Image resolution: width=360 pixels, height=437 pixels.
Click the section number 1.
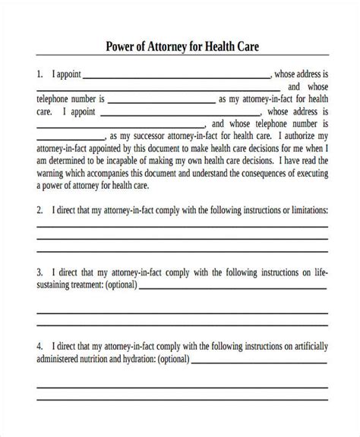(x=40, y=76)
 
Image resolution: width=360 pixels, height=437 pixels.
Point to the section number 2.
(x=40, y=210)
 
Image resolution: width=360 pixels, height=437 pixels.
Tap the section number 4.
(x=40, y=347)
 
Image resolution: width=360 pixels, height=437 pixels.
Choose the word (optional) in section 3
(x=117, y=285)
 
